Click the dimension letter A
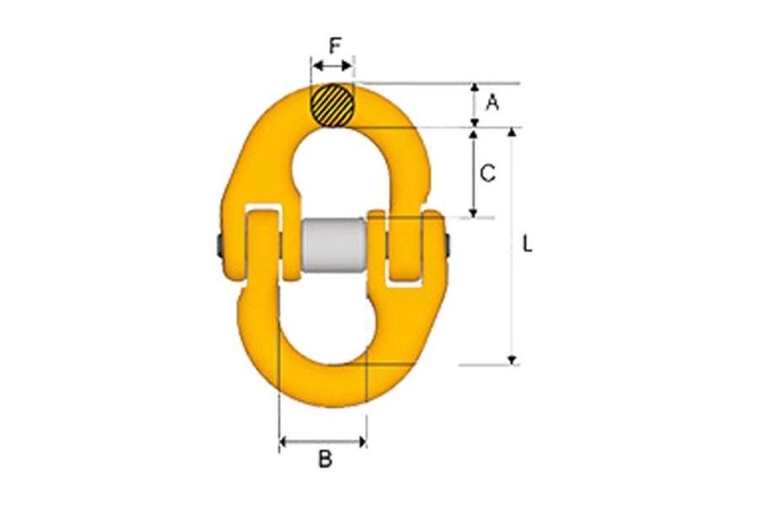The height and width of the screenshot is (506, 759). [493, 103]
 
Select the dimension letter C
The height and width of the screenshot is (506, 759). [487, 173]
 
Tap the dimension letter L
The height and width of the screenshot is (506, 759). [527, 245]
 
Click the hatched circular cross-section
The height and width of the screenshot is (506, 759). [332, 106]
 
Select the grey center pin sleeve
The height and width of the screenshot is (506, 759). [334, 246]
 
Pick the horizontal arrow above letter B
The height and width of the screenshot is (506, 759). [323, 440]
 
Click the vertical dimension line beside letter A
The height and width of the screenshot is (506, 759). [475, 105]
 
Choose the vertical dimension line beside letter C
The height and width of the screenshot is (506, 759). [475, 173]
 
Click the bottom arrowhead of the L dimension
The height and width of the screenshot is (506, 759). [512, 360]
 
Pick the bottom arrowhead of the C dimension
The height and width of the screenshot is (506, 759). [475, 213]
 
